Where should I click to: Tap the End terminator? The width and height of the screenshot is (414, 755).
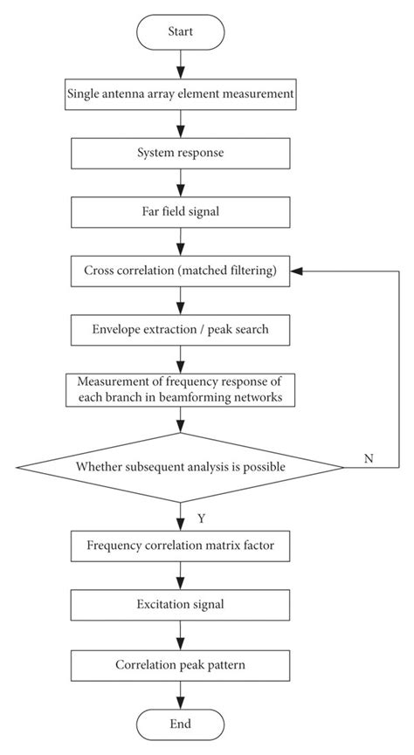pyautogui.click(x=181, y=723)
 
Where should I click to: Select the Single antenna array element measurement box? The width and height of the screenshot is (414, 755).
pyautogui.click(x=182, y=93)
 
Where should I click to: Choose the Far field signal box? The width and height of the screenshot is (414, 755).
pyautogui.click(x=182, y=211)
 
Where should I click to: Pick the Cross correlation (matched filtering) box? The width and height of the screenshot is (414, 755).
pyautogui.click(x=182, y=271)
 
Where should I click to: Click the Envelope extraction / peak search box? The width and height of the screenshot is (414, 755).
pyautogui.click(x=182, y=331)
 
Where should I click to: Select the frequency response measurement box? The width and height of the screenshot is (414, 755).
pyautogui.click(x=182, y=388)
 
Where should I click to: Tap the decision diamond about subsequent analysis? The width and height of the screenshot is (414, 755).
pyautogui.click(x=181, y=466)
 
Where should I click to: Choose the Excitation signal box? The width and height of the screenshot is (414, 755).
pyautogui.click(x=182, y=604)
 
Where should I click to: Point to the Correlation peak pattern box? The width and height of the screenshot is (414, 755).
pyautogui.click(x=182, y=663)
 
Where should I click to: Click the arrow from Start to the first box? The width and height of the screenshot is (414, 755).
pyautogui.click(x=181, y=63)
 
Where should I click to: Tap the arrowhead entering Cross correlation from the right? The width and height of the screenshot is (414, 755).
pyautogui.click(x=298, y=271)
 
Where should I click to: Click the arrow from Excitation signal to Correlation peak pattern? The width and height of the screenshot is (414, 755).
pyautogui.click(x=181, y=634)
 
